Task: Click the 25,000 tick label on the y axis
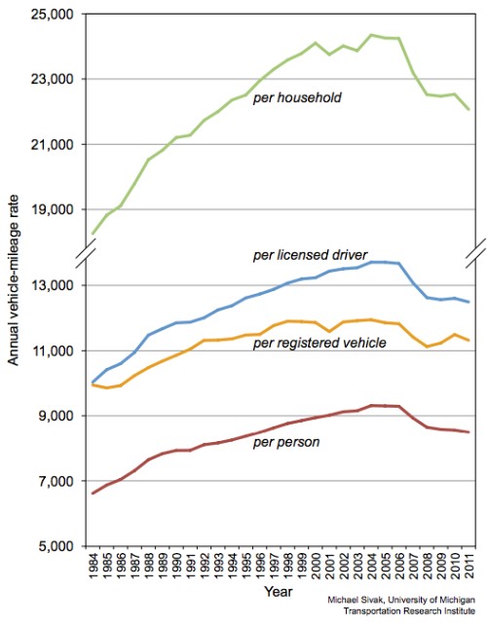click(52, 15)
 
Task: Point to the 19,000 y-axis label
click(52, 209)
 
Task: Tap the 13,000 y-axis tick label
click(52, 285)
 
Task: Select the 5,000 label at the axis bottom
click(56, 546)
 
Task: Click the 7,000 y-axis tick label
click(56, 481)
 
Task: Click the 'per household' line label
click(297, 97)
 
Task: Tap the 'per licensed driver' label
click(310, 255)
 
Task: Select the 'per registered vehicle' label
click(319, 343)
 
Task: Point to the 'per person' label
click(286, 442)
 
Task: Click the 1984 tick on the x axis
click(94, 566)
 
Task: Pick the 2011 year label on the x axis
click(469, 566)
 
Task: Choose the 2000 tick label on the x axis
click(316, 566)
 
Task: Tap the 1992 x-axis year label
click(205, 566)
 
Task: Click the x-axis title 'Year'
click(279, 591)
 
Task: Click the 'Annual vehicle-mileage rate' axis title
click(14, 279)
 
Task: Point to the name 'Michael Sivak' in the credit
click(356, 600)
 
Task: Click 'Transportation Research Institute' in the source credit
click(409, 611)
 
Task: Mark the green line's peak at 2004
click(371, 35)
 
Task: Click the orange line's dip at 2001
click(329, 331)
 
